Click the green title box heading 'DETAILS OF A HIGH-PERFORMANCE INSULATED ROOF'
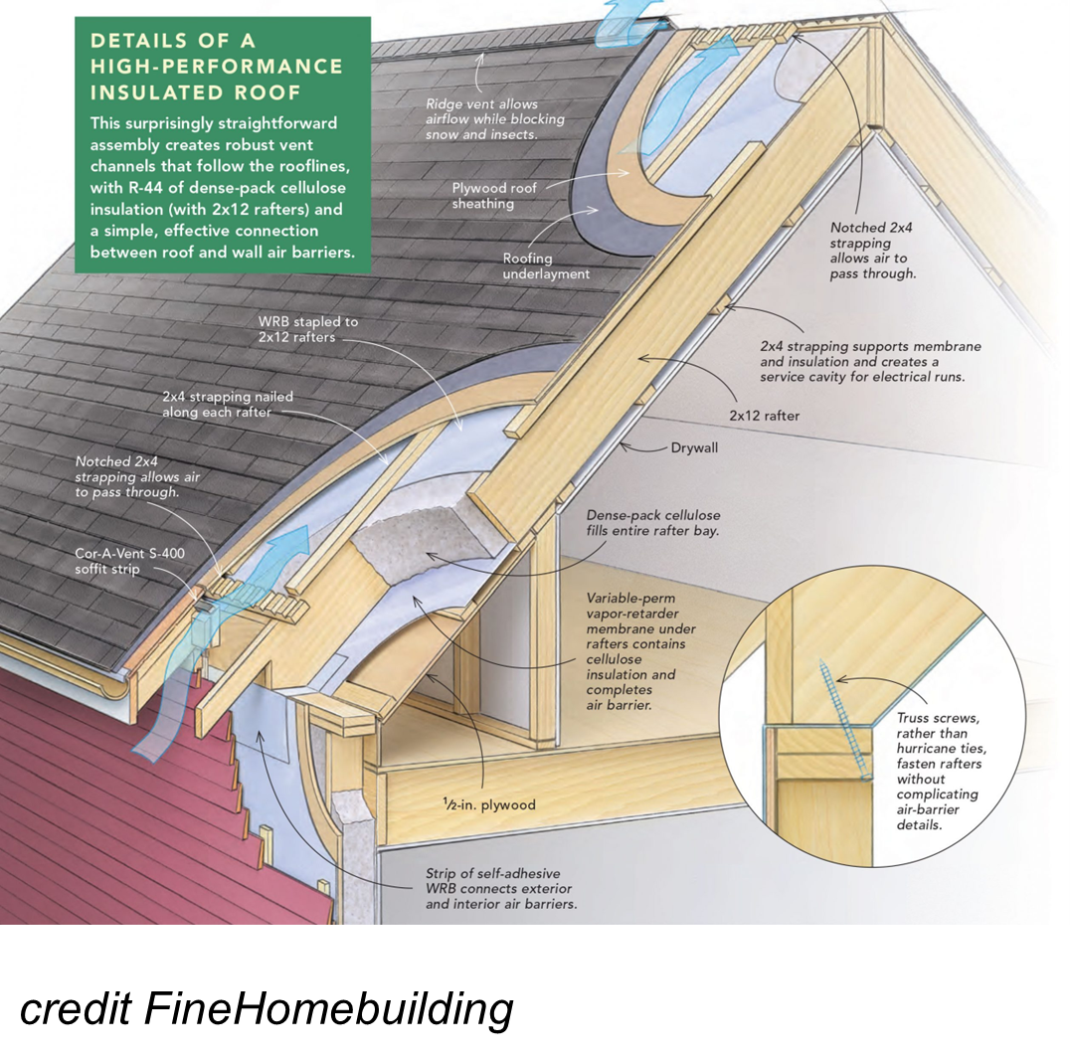[x=216, y=67]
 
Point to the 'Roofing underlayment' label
[x=546, y=265]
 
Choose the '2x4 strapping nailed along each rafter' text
[x=228, y=404]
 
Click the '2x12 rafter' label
[x=763, y=416]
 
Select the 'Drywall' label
[x=694, y=447]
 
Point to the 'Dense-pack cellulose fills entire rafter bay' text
[x=652, y=524]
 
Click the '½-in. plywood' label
[x=491, y=804]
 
